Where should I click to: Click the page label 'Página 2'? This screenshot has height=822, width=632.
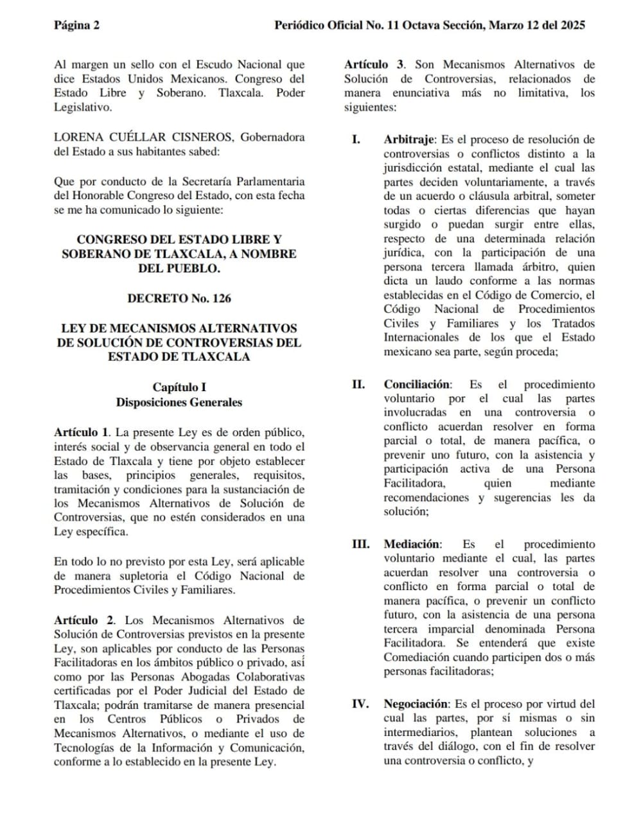click(x=76, y=26)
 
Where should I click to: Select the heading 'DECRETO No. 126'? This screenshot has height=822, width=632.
click(x=179, y=299)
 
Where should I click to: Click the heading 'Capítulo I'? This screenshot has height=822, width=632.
click(x=179, y=387)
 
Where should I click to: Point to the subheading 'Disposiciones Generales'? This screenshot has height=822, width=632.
click(x=179, y=403)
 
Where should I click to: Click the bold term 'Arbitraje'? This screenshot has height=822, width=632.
click(x=410, y=140)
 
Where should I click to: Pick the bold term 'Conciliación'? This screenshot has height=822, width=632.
click(x=417, y=385)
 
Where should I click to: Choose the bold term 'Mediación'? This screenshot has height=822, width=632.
click(x=412, y=545)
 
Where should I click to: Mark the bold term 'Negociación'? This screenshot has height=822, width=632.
click(x=416, y=704)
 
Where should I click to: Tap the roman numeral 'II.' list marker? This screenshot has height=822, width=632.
click(x=358, y=385)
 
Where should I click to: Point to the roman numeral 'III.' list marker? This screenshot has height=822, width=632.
click(x=360, y=545)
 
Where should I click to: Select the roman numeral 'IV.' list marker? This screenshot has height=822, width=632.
click(x=360, y=704)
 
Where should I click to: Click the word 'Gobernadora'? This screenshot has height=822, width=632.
click(x=273, y=137)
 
